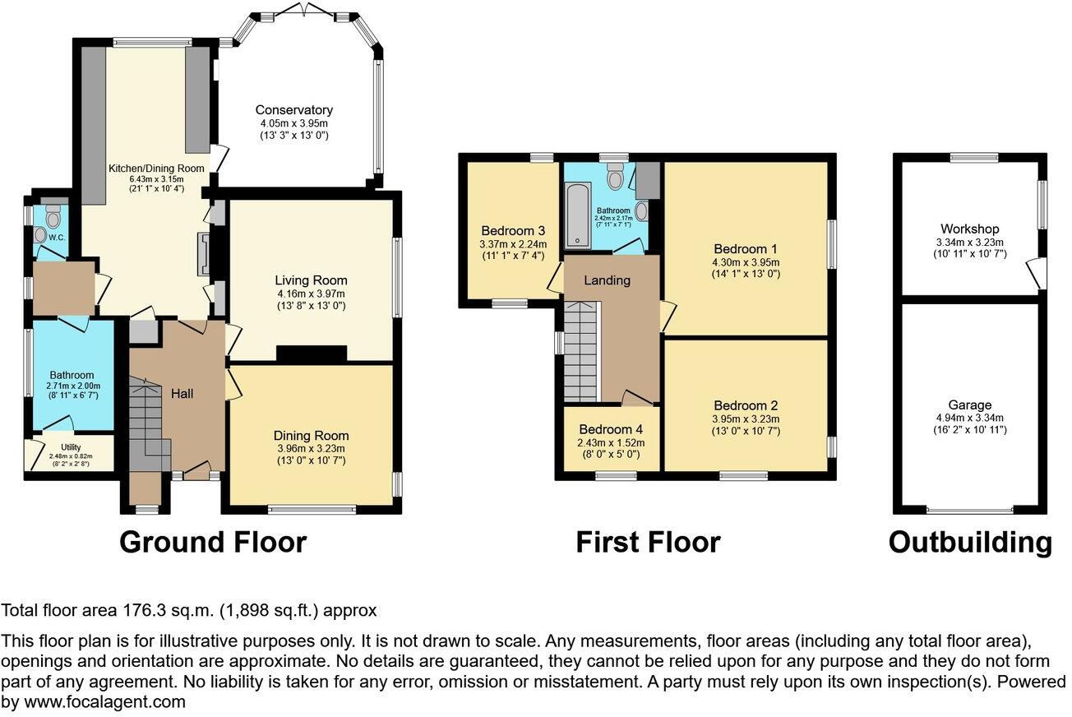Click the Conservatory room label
(293, 110)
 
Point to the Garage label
(970, 405)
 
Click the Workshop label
(970, 229)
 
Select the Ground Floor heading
(213, 543)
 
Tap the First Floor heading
(648, 543)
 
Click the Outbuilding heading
(970, 543)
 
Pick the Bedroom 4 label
(611, 429)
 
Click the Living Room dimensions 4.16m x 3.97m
(312, 294)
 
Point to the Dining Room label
(312, 436)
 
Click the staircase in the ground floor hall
(148, 419)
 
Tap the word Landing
(607, 280)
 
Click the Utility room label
(69, 447)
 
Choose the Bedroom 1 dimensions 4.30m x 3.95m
(746, 262)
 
